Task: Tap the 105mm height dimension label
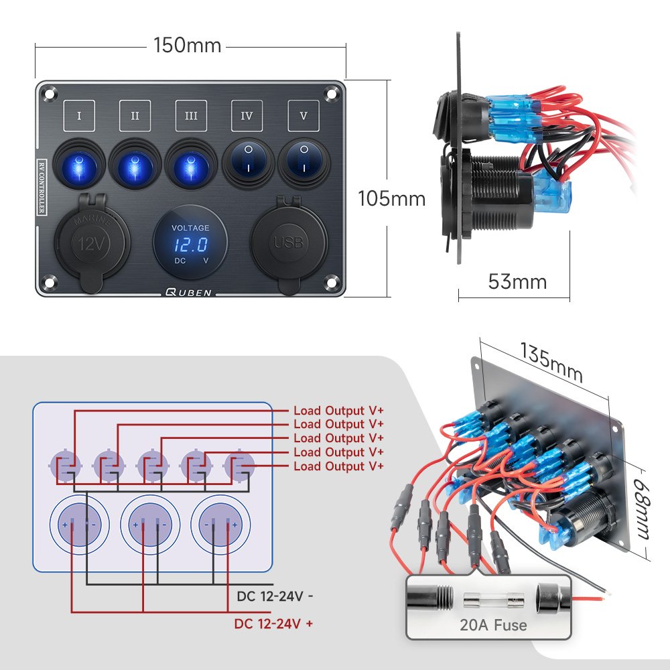[391, 199]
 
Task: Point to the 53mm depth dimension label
[517, 281]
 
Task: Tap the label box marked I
[80, 116]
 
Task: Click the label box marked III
[191, 116]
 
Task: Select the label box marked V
[304, 116]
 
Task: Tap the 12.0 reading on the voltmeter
[190, 245]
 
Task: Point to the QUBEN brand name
[190, 292]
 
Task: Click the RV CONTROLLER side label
[41, 187]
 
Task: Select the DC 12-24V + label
[273, 624]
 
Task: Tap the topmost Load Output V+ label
[338, 410]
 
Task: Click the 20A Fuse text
[493, 626]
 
